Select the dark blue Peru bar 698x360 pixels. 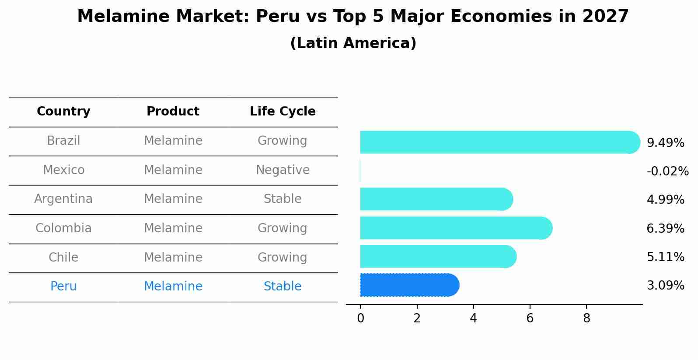coord(409,285)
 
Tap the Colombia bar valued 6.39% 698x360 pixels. coord(455,228)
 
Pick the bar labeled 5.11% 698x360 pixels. coord(437,256)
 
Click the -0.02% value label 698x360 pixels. coord(667,171)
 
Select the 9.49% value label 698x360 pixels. coord(665,143)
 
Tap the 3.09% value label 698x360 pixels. coord(665,285)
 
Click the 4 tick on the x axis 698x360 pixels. coord(473,318)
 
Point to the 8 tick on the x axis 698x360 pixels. coord(586,318)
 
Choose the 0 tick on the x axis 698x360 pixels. coord(360,318)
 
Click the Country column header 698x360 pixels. coord(63,112)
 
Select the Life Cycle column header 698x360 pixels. coord(283,112)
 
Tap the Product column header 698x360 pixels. coord(173,112)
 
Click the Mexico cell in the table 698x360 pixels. coord(63,170)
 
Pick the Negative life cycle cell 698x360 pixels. coord(283,170)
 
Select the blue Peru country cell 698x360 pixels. coord(63,286)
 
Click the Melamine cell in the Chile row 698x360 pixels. coord(173,257)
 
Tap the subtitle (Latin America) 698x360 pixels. coord(353,43)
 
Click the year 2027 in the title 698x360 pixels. coord(605,17)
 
